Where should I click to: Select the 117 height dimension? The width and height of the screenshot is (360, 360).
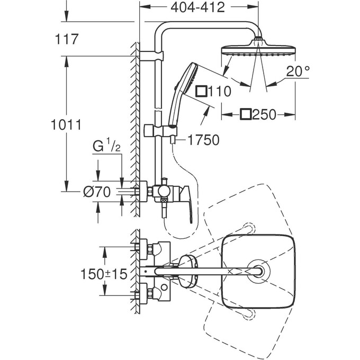tap(67, 39)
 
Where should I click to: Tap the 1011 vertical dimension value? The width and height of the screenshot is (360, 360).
tap(67, 125)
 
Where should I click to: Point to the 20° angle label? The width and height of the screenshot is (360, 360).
tap(296, 71)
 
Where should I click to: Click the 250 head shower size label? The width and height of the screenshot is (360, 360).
tap(264, 114)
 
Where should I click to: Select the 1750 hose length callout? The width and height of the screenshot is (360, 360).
tap(196, 140)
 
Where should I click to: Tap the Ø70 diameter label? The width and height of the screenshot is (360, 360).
tap(96, 193)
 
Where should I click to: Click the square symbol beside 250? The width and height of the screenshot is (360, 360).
tap(246, 114)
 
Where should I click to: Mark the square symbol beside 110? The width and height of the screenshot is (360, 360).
tap(201, 92)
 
